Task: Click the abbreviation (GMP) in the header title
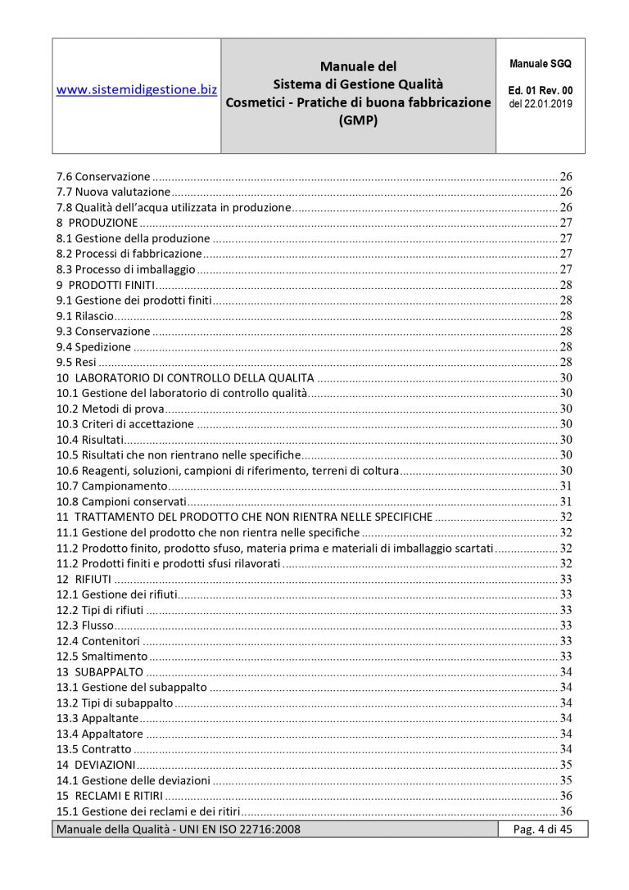pos(358,119)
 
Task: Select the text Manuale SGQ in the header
pos(541,63)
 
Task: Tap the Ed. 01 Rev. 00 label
pos(541,90)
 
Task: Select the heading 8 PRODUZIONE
pos(97,223)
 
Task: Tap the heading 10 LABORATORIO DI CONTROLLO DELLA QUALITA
pos(185,377)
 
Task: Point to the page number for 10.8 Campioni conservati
pos(565,501)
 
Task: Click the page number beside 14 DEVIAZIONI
pos(565,765)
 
